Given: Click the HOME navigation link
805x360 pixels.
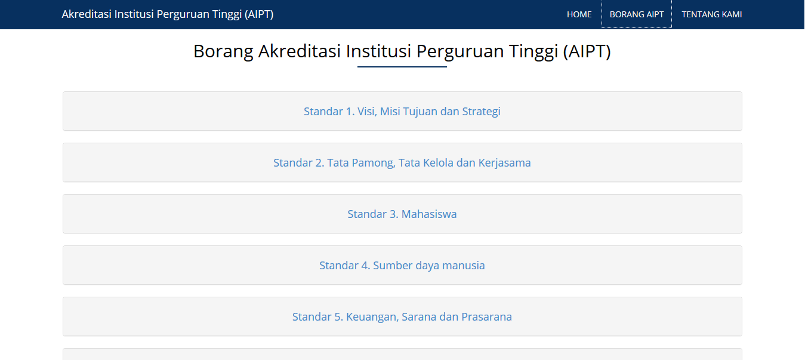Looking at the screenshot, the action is [x=579, y=14].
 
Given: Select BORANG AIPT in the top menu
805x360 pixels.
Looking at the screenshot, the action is [x=637, y=14].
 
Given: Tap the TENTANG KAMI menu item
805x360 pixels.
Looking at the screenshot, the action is [x=711, y=14].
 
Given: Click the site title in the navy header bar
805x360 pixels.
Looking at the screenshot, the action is [x=168, y=14].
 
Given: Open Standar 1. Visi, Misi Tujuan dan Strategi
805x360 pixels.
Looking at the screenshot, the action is [x=402, y=112].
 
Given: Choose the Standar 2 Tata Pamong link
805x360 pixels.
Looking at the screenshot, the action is [x=402, y=163].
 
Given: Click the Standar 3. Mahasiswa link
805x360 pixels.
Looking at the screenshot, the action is [x=402, y=214].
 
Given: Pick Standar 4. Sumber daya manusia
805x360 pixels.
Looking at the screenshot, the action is [x=402, y=266].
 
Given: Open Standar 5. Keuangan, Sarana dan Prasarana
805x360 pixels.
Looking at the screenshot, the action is [x=402, y=317].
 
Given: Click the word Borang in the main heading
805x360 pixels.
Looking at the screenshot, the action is [x=223, y=51].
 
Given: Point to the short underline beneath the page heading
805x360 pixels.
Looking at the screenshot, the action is [x=402, y=67].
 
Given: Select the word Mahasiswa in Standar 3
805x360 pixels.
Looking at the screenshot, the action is [x=429, y=214].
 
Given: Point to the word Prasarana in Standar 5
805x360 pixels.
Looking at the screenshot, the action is [x=486, y=317].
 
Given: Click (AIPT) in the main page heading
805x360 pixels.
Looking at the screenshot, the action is [x=587, y=51].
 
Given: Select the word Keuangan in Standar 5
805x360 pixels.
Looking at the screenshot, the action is [x=372, y=317].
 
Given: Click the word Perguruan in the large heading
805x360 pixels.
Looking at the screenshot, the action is [x=460, y=52].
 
